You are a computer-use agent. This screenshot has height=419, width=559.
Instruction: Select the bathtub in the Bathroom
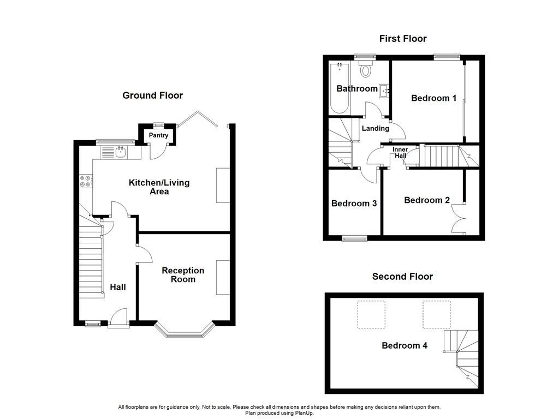click(x=340, y=87)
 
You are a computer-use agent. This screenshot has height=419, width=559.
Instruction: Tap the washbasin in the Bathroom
click(x=384, y=91)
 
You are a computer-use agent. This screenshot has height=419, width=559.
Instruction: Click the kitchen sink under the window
click(x=121, y=152)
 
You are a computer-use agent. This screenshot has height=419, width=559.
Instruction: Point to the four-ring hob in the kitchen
click(x=86, y=181)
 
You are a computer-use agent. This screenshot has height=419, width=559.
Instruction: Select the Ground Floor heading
click(x=152, y=95)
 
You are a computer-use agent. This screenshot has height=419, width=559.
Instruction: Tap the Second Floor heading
click(x=402, y=277)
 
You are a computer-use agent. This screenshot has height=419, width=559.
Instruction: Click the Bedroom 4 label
click(x=405, y=345)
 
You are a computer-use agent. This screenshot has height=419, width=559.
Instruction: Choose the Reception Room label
click(x=183, y=275)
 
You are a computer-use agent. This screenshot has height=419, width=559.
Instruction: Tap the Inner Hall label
click(x=400, y=152)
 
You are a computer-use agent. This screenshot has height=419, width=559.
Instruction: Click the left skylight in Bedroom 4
click(x=371, y=314)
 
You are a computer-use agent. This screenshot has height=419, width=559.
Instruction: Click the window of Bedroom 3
click(x=355, y=238)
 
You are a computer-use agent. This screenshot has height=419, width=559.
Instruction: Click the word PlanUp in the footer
click(x=304, y=413)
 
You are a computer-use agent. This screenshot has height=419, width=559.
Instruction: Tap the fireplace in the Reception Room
click(x=223, y=278)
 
